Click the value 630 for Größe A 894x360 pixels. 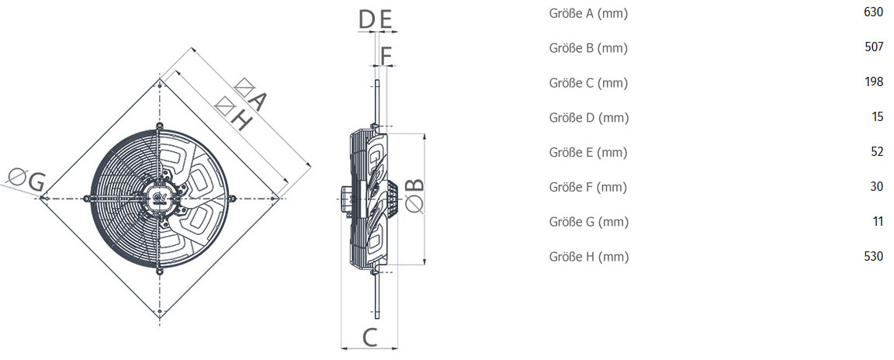coord(874,13)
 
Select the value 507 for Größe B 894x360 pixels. coord(874,48)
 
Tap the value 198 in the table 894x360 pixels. coord(874,82)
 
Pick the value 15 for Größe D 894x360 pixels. coord(878,117)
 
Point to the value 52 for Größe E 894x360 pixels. coord(877,152)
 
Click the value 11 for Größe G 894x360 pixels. coord(878,222)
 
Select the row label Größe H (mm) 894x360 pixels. coord(589,257)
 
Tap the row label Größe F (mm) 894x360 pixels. coord(587,188)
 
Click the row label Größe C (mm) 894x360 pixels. coord(588,83)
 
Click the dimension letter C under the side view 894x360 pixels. coord(369,337)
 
